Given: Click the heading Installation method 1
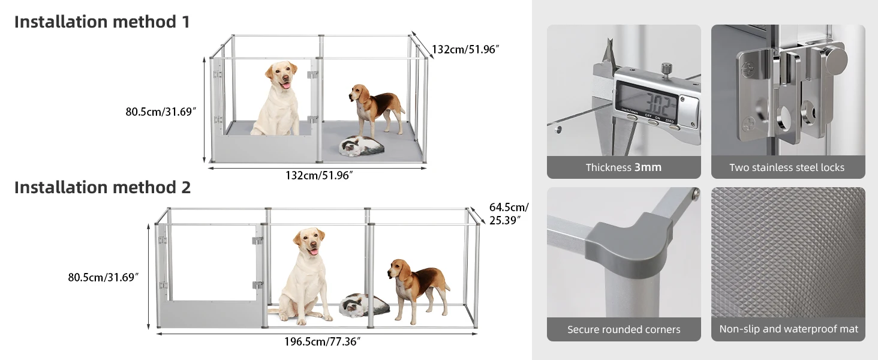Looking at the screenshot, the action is point(102,22).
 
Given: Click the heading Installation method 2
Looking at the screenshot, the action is point(103,187).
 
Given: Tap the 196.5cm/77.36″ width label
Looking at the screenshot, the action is point(322,341).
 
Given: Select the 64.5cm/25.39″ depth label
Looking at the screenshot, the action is point(509,214).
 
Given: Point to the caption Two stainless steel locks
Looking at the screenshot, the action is point(787,167).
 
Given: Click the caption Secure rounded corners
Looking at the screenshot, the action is point(624,329).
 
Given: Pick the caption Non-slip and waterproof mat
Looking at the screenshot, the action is point(789,329).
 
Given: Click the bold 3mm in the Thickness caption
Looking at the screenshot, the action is point(648,167).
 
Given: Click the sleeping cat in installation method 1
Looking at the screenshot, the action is point(362,146).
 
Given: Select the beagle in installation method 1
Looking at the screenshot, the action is point(376,109).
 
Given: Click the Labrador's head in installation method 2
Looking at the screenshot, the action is point(309,241).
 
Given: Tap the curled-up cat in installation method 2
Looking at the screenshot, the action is point(364,305).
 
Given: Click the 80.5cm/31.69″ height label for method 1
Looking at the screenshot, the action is point(161,112).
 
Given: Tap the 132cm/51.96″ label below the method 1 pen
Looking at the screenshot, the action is point(319,175).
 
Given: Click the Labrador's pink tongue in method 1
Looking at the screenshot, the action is point(287,85).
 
